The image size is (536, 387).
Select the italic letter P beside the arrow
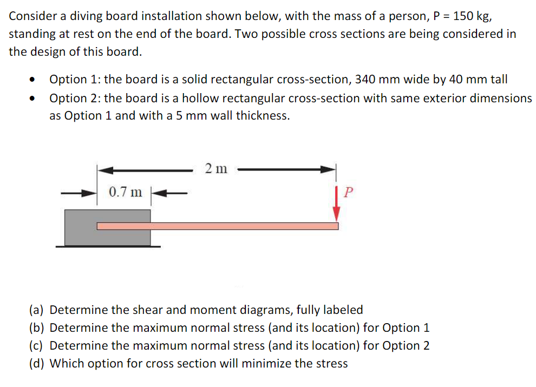click(x=349, y=192)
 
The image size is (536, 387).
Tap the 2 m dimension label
click(x=216, y=169)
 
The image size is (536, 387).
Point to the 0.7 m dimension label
click(x=125, y=192)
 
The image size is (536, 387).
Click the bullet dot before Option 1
click(x=34, y=80)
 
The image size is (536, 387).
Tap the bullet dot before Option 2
click(x=34, y=99)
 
